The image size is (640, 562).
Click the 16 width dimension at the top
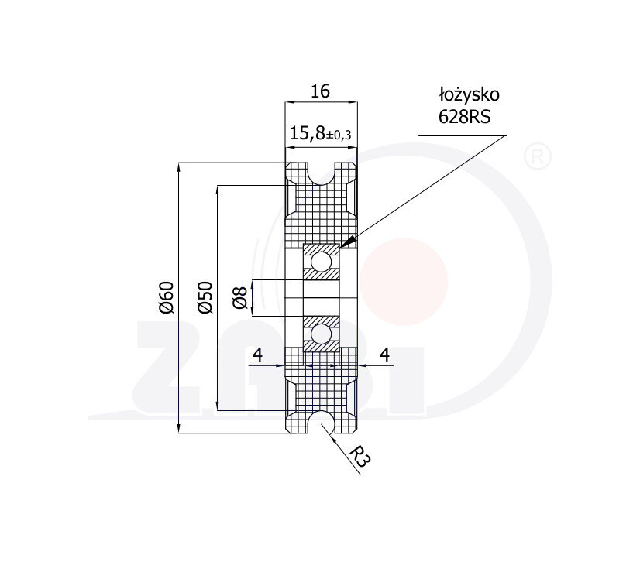[x=321, y=91]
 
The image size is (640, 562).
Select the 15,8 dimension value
[x=308, y=133]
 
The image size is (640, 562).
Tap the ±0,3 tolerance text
[x=339, y=135]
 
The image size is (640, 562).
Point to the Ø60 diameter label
[x=167, y=297]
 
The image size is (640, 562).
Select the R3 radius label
[x=361, y=457]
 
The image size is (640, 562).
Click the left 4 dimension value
[x=257, y=355]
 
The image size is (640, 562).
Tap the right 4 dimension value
[x=385, y=355]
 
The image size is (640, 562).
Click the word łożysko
[x=469, y=94]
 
